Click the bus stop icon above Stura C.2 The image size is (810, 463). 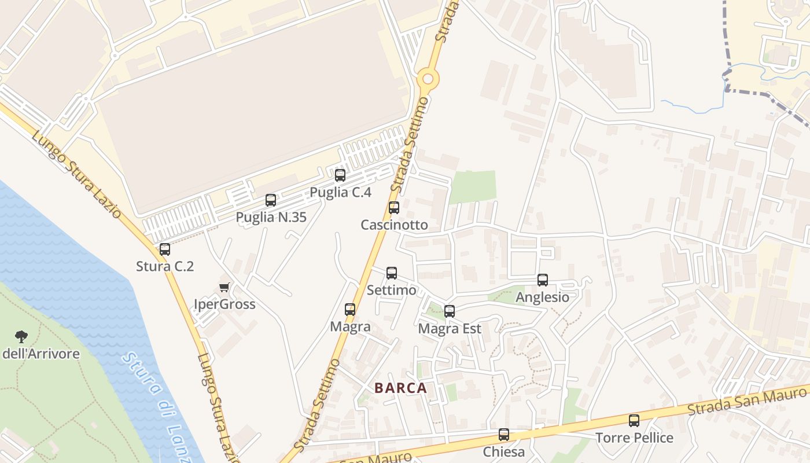click(x=165, y=249)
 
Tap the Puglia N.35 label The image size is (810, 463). click(x=271, y=217)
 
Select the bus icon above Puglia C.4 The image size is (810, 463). click(x=340, y=175)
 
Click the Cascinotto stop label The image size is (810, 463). click(x=394, y=225)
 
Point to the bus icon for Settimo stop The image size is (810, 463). click(x=392, y=273)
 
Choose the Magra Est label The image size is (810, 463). click(x=450, y=329)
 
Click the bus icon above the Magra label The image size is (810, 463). click(x=350, y=310)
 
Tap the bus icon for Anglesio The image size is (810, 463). click(x=543, y=280)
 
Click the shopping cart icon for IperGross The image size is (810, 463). click(x=224, y=288)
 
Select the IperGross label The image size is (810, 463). click(x=224, y=304)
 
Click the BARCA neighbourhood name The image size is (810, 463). click(x=400, y=388)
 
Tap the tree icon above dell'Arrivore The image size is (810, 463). click(x=21, y=336)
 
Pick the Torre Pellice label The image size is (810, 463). click(x=635, y=438)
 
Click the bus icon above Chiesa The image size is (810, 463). click(x=504, y=435)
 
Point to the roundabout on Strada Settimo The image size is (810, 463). click(x=428, y=79)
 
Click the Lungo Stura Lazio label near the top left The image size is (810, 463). click(x=76, y=174)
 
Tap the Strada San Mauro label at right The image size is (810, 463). click(x=746, y=402)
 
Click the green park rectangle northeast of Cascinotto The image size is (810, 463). click(x=473, y=186)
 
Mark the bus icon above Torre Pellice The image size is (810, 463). click(x=634, y=421)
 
